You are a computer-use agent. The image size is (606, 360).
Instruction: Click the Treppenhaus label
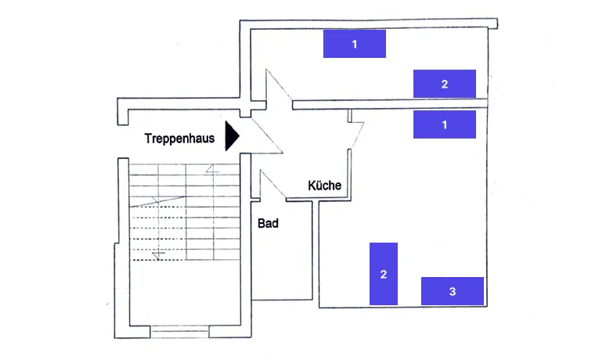179,139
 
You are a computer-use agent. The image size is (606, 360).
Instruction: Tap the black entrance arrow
231,135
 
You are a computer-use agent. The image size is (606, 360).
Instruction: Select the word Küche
324,185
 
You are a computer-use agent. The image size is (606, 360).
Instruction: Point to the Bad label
268,223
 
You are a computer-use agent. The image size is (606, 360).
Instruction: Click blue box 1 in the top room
355,44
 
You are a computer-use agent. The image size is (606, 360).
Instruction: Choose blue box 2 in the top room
444,84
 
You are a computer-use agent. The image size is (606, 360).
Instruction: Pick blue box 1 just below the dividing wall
444,124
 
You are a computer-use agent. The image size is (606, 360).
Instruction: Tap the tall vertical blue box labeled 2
384,274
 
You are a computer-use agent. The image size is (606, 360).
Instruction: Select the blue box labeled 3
452,291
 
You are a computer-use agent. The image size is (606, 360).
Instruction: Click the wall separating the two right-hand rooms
391,103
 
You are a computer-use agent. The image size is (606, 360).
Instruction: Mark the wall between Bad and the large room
316,250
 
